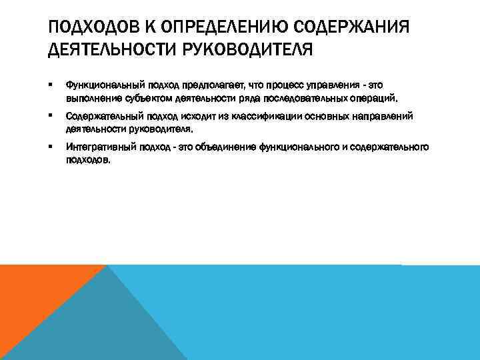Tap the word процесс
277,85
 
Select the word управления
331,85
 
